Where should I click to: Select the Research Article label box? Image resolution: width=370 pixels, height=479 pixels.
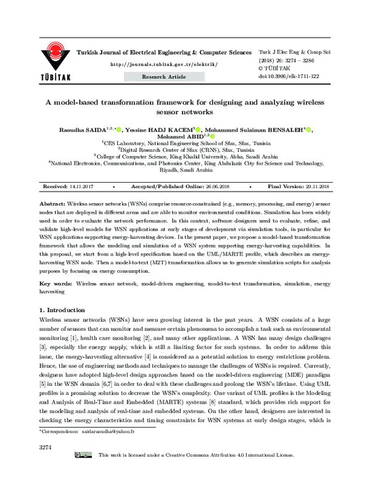[163, 76]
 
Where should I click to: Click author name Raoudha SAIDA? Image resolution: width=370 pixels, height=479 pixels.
[78, 130]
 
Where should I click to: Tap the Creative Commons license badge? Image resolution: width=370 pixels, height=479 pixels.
[84, 473]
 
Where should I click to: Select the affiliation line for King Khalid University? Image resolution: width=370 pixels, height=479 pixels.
[185, 157]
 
